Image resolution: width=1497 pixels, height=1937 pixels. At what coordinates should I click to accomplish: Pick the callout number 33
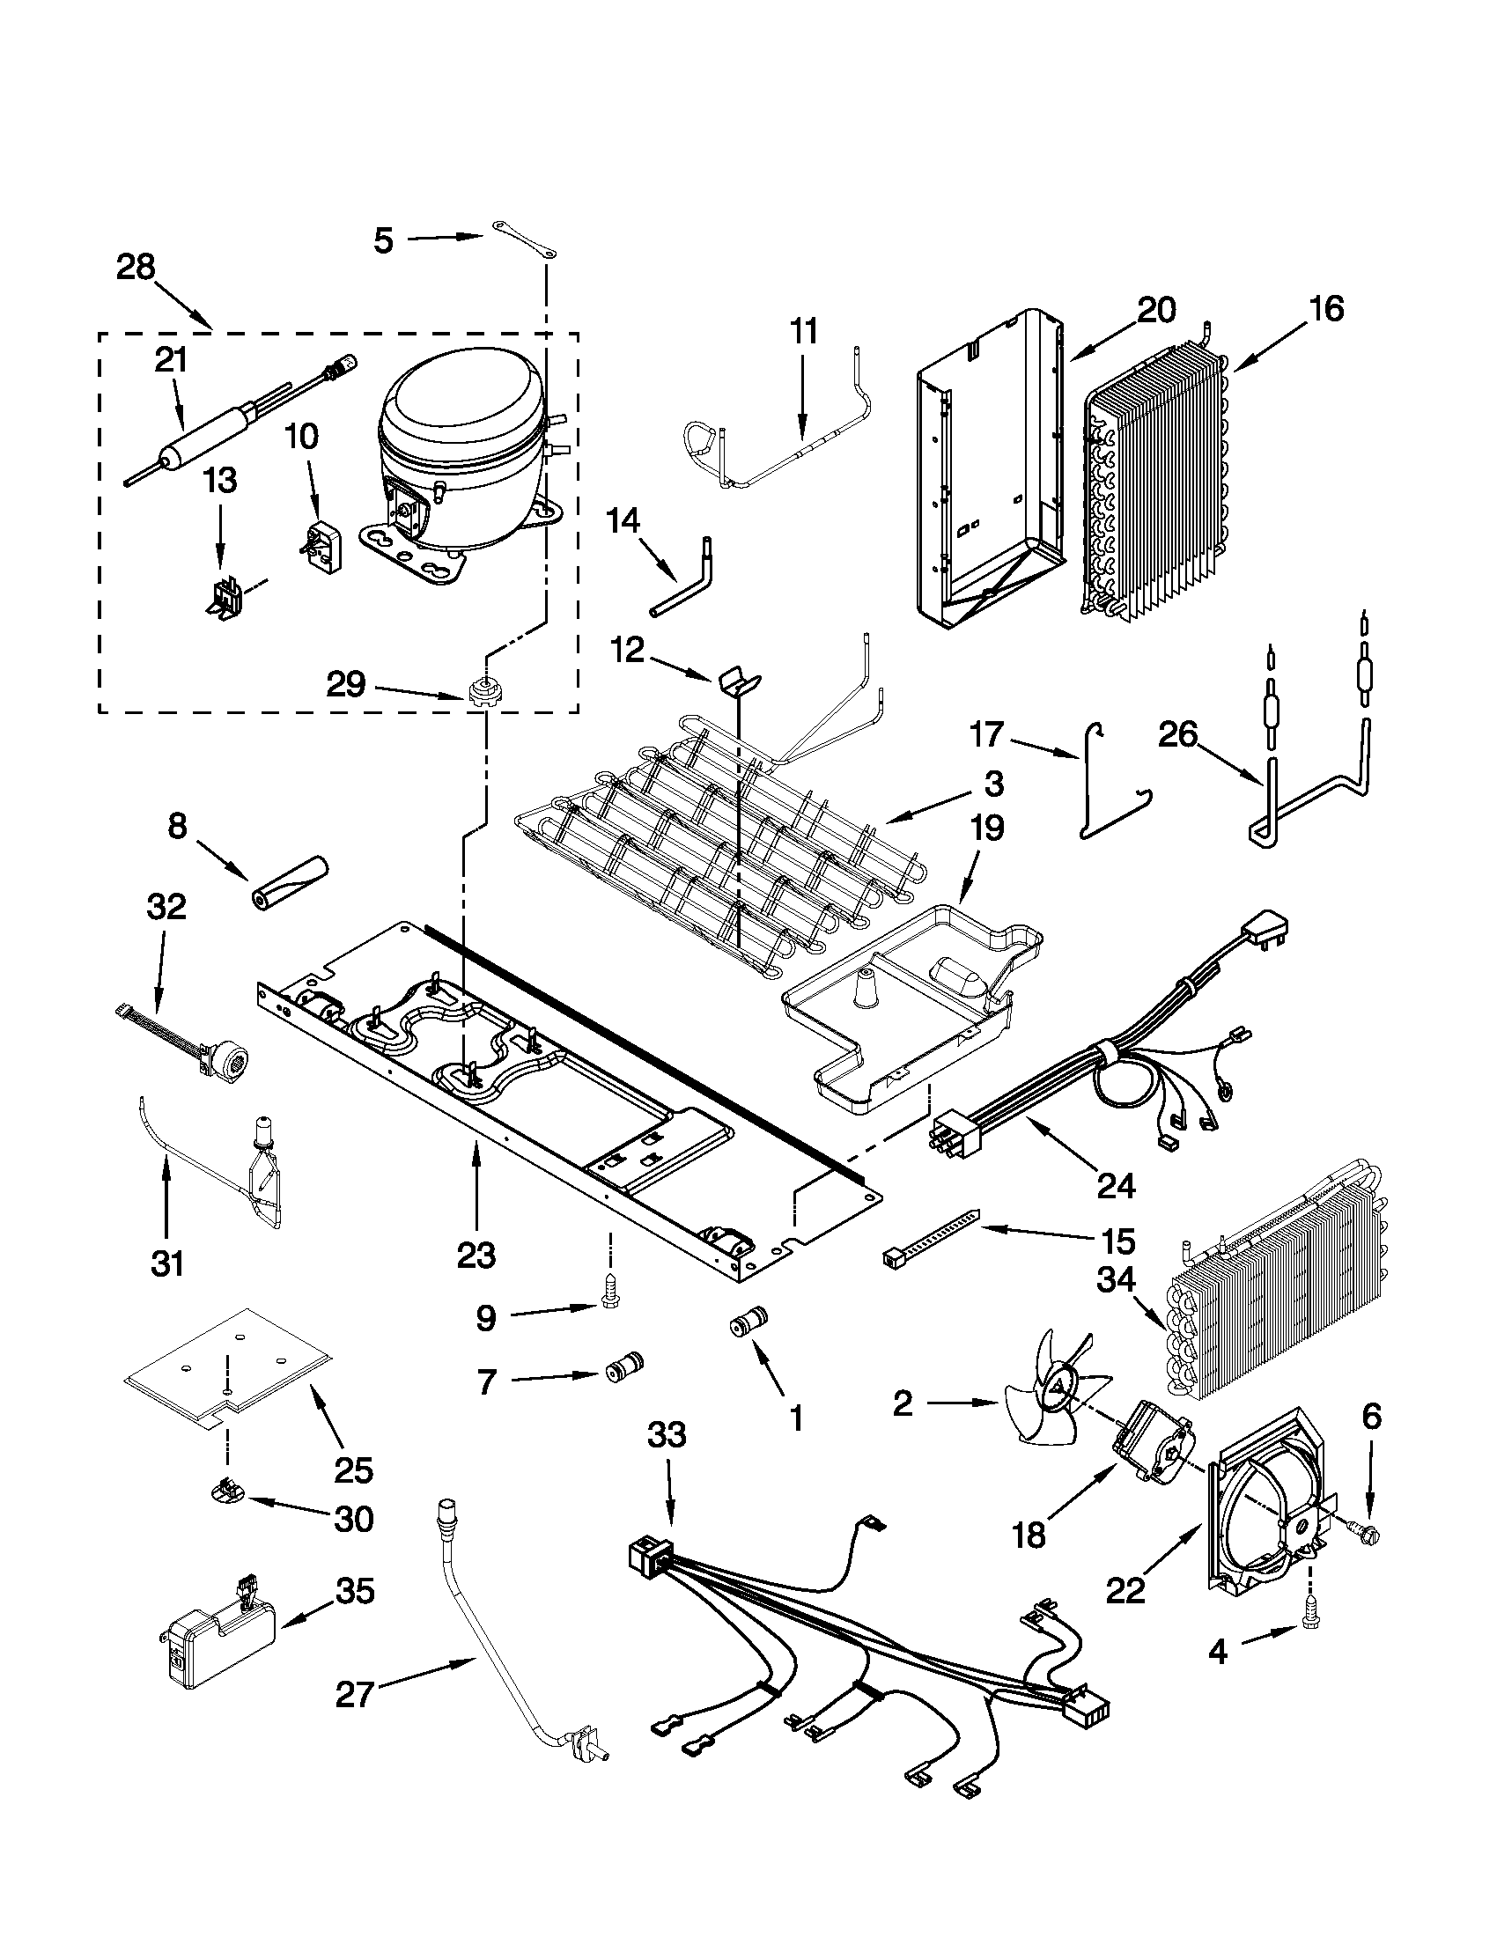point(666,1434)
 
